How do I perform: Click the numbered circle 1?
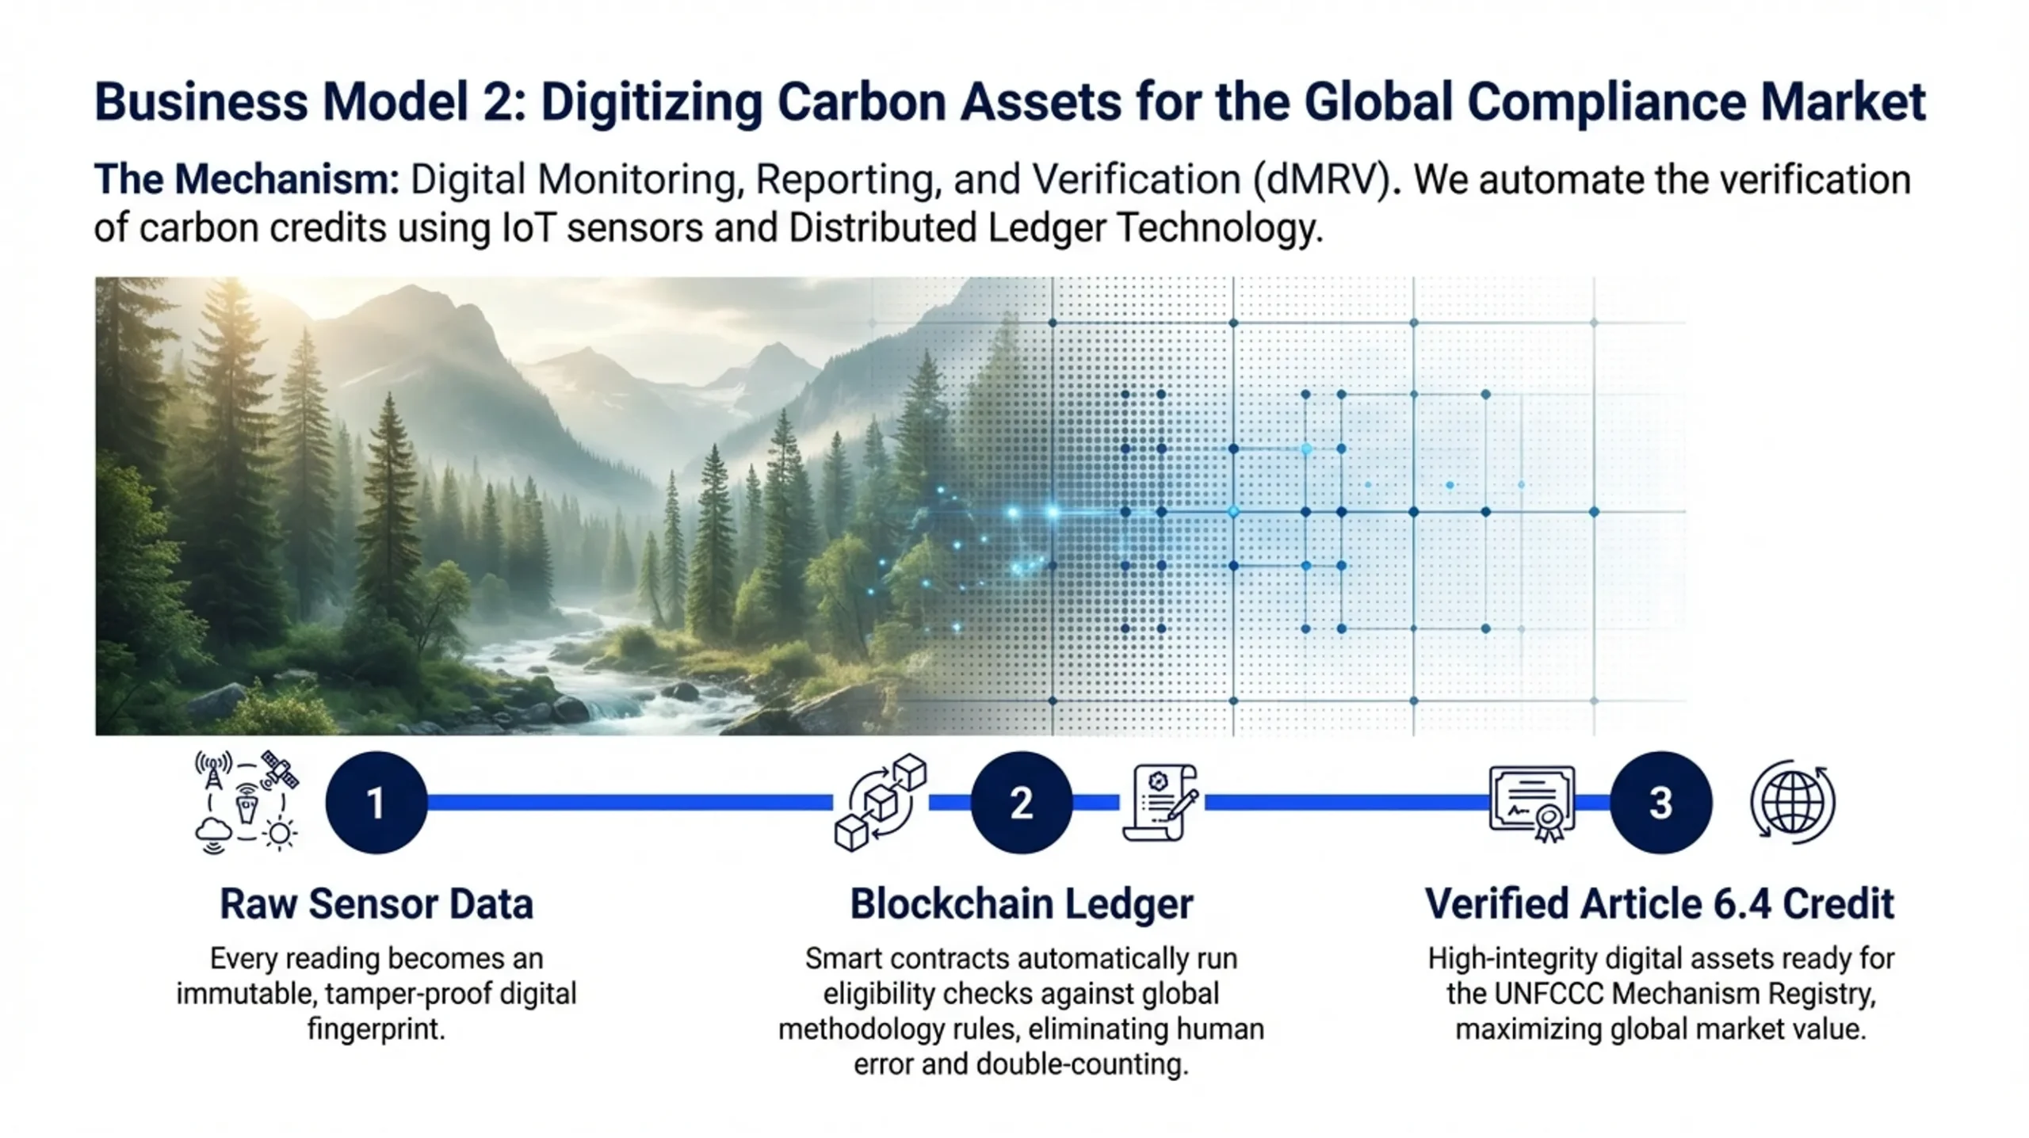[376, 802]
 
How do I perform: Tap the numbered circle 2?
[1022, 802]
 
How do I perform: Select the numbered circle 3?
[1661, 802]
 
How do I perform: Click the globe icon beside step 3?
[1793, 802]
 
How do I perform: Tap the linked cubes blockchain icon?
[881, 803]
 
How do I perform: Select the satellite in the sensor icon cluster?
[280, 769]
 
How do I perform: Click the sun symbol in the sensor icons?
[279, 834]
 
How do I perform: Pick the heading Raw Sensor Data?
[376, 903]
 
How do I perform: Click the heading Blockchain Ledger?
[1022, 903]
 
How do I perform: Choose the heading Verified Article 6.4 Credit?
[1660, 903]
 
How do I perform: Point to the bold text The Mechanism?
[247, 179]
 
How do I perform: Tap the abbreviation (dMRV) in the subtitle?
[1322, 180]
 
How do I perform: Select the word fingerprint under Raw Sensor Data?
[376, 1029]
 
